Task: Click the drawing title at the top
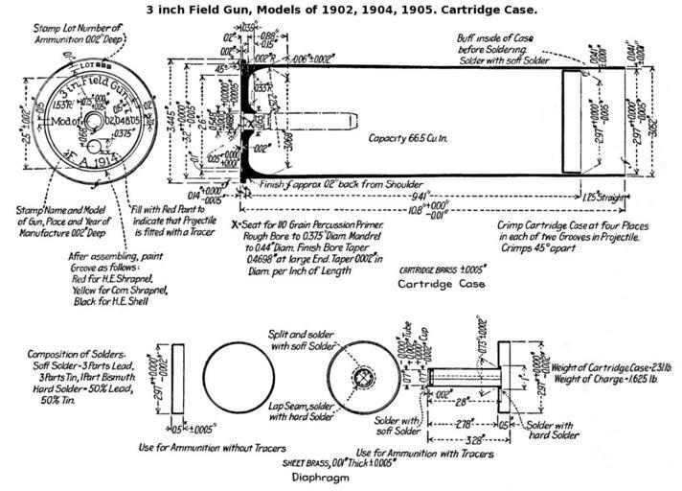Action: [341, 9]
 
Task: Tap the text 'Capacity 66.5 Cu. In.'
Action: [414, 138]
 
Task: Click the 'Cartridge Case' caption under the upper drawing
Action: [436, 286]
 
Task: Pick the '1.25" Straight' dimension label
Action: [603, 197]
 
